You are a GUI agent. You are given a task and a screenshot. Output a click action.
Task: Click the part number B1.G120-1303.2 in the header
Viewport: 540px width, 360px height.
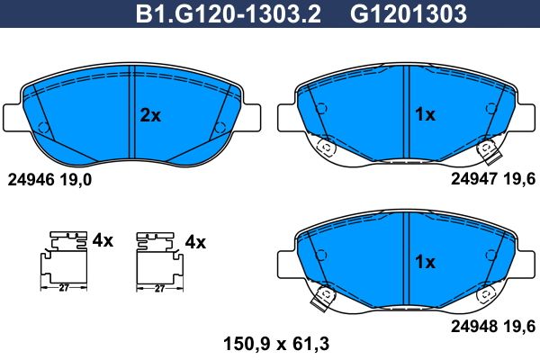pyautogui.click(x=228, y=14)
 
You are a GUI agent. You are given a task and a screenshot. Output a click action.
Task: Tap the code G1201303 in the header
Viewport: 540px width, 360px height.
pyautogui.click(x=409, y=14)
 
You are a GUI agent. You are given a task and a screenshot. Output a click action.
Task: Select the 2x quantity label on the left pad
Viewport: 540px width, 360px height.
pyautogui.click(x=150, y=115)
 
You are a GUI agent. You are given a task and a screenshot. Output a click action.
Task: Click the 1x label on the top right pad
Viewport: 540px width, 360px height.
pyautogui.click(x=425, y=114)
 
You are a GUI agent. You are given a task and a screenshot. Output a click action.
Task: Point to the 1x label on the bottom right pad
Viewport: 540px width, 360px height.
pyautogui.click(x=425, y=262)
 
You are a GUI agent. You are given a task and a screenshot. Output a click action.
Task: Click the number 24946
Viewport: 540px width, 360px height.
pyautogui.click(x=31, y=179)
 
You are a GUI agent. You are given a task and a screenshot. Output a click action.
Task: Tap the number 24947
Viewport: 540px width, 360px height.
pyautogui.click(x=474, y=178)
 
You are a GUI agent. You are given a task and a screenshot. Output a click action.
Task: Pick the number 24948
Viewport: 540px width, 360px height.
pyautogui.click(x=474, y=326)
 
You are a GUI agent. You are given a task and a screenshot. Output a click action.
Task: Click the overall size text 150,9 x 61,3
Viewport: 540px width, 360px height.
pyautogui.click(x=276, y=344)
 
